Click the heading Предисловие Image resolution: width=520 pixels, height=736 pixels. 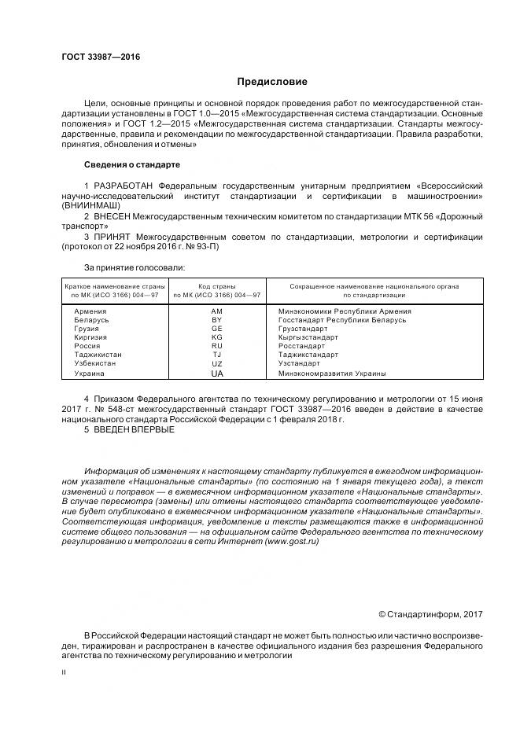[x=272, y=82]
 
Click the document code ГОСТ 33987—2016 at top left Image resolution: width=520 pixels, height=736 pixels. [x=95, y=57]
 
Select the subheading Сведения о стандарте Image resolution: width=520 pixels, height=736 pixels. [x=131, y=164]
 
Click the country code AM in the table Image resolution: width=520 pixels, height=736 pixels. [x=217, y=311]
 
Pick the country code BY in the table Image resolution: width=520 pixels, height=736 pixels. [x=217, y=320]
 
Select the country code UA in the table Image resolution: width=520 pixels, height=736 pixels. [x=217, y=374]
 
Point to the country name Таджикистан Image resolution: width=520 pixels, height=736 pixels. [x=98, y=355]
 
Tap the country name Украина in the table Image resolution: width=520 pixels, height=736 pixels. [x=89, y=374]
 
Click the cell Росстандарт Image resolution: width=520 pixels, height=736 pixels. [x=301, y=346]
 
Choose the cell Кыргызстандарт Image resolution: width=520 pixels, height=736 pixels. [x=308, y=337]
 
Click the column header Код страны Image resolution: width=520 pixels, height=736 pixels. [x=217, y=286]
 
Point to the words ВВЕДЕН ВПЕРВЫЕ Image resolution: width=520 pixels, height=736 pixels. [x=123, y=429]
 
